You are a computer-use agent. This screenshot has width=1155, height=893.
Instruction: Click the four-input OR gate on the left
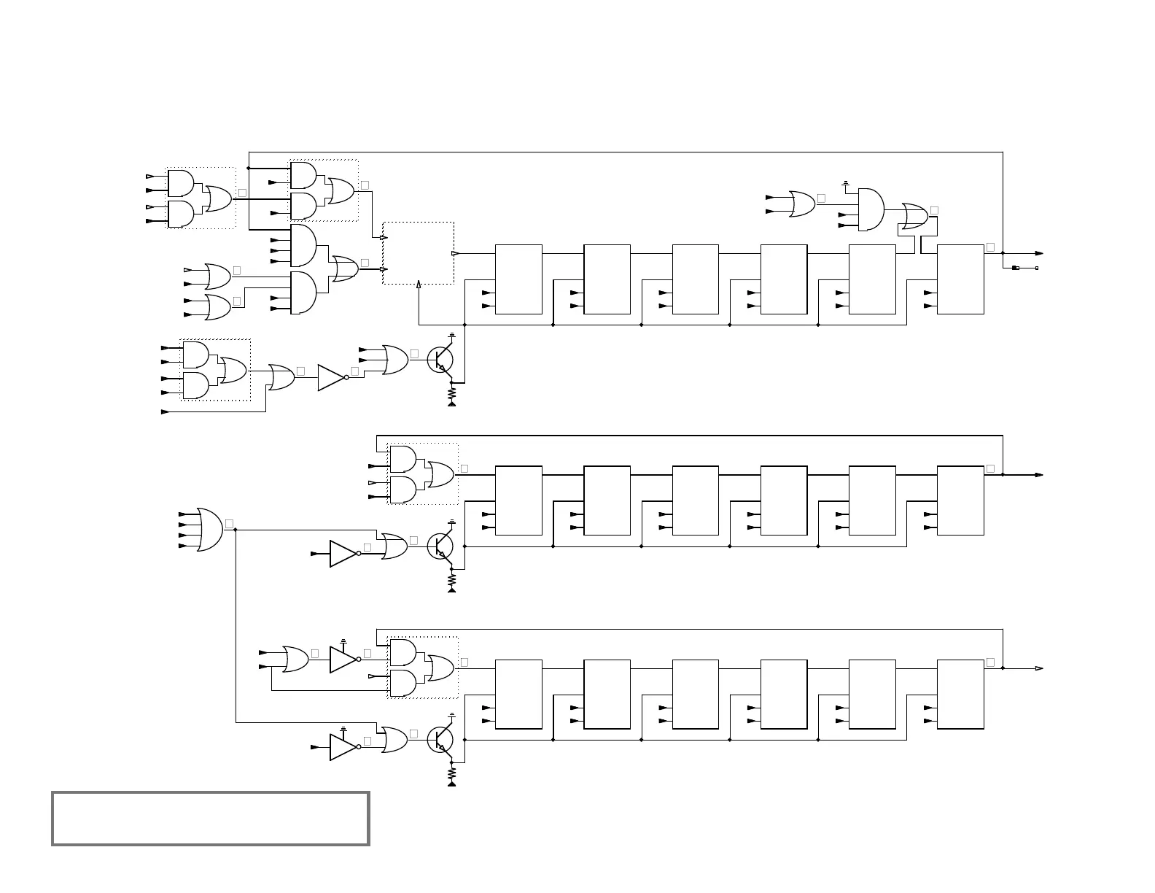coord(209,530)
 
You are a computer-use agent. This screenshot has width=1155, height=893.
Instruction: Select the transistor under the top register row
coord(440,359)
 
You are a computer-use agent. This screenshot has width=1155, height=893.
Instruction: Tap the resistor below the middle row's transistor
coord(452,579)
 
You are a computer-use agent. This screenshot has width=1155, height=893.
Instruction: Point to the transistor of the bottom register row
coord(440,740)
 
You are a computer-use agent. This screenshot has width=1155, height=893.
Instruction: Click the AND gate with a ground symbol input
coord(871,209)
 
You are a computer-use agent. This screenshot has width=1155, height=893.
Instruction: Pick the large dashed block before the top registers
coord(419,253)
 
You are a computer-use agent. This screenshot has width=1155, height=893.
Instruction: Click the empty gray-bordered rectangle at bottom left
coord(210,819)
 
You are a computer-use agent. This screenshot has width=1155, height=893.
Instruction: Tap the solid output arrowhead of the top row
coord(1039,254)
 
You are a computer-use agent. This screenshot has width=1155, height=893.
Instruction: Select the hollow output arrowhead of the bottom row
coord(1039,668)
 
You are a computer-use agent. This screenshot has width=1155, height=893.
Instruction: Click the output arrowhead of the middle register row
coord(1039,475)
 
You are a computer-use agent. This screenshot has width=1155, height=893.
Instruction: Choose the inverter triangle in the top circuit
coord(331,377)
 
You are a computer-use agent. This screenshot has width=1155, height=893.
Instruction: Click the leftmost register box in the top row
coord(518,279)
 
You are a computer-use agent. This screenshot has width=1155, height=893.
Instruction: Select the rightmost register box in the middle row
coord(960,500)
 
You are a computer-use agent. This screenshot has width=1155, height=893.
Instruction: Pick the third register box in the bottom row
coord(696,694)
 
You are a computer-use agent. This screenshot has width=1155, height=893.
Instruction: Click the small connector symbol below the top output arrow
coord(1016,268)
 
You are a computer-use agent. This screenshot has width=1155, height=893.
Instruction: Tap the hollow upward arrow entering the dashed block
coord(419,284)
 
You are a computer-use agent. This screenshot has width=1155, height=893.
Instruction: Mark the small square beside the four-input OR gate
coord(229,524)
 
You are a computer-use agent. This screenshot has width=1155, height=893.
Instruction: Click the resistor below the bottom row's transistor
coord(452,773)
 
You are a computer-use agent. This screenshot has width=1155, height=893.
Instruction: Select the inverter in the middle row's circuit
coord(343,554)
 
